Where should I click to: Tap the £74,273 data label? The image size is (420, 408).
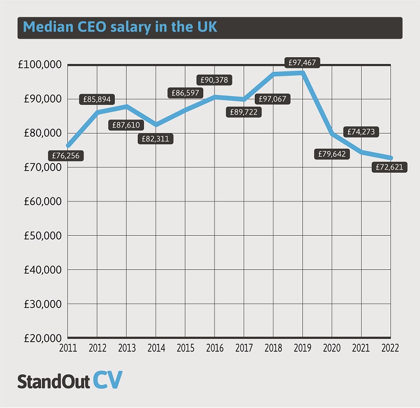362,132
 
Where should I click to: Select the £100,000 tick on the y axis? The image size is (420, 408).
40,65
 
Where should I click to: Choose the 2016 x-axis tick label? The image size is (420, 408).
214,348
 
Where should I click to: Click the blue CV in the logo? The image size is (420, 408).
106,381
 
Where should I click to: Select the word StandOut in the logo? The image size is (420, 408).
53,382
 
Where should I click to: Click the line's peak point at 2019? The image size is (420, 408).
303,72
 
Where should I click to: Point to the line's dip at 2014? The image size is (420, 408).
156,125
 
